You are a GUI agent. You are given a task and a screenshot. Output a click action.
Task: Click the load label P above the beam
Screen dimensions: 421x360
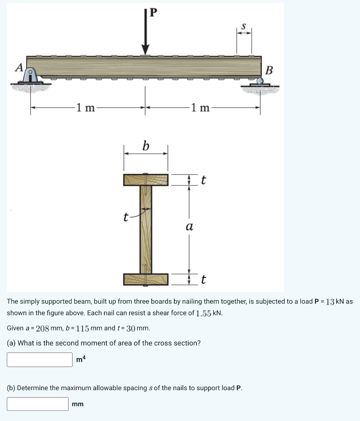point(153,12)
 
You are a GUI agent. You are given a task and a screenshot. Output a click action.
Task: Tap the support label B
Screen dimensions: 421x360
point(269,70)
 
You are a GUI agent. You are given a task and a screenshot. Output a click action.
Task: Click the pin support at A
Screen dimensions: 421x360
point(31,76)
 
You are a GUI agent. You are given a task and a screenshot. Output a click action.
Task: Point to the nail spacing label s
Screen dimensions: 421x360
point(243,26)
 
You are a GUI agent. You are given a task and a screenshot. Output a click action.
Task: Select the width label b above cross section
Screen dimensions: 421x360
point(146,146)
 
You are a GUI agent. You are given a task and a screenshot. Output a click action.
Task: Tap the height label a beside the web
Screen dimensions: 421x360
point(189,227)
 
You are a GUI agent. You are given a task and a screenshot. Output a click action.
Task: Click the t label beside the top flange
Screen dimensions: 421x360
point(203,180)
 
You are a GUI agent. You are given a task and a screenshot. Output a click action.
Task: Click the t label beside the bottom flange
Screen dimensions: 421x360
point(203,280)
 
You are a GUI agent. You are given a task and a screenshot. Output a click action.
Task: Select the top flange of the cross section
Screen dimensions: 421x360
point(146,180)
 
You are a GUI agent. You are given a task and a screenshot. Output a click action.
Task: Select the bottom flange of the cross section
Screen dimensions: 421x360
point(146,279)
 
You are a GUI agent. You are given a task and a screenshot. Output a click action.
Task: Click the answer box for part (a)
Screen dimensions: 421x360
point(39,359)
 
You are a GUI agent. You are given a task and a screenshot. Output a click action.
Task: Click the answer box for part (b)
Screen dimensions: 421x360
point(37,404)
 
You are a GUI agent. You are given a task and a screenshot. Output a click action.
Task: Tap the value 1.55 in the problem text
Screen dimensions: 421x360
point(204,313)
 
